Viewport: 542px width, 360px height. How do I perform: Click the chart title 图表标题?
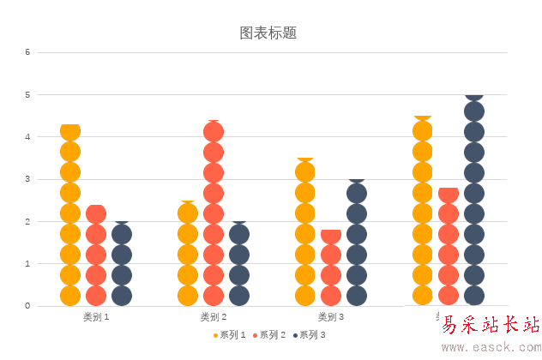pos(268,33)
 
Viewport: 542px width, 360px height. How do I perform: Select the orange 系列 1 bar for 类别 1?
pos(70,214)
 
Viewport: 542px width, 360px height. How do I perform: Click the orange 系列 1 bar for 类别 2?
pos(188,254)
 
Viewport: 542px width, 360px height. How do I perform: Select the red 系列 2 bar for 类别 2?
pos(214,213)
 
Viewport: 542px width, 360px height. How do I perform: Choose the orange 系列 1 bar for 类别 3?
pos(305,232)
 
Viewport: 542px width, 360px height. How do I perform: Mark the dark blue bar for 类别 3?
pos(357,243)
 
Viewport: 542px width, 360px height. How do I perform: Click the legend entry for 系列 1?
pos(230,335)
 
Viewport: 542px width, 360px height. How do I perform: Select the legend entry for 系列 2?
pos(269,335)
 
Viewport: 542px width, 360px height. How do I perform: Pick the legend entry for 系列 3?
pos(309,335)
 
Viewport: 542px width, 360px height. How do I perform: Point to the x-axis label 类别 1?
pos(96,317)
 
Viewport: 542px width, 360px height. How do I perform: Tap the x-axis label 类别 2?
pos(214,317)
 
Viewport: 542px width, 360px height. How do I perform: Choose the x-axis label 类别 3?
pos(331,317)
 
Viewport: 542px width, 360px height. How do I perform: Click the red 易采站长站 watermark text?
pos(491,325)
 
